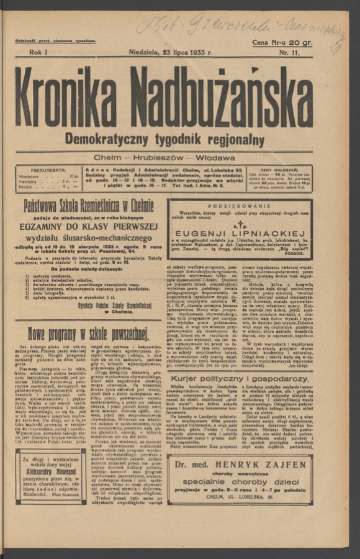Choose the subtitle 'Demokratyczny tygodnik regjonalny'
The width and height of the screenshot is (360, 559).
point(164,139)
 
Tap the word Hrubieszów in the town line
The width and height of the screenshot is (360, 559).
point(164,158)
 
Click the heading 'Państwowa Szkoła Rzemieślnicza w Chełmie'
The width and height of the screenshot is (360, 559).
point(88,206)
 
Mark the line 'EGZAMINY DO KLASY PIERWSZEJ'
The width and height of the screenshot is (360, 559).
point(88,227)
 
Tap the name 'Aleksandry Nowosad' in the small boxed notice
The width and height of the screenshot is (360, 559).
point(52,473)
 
